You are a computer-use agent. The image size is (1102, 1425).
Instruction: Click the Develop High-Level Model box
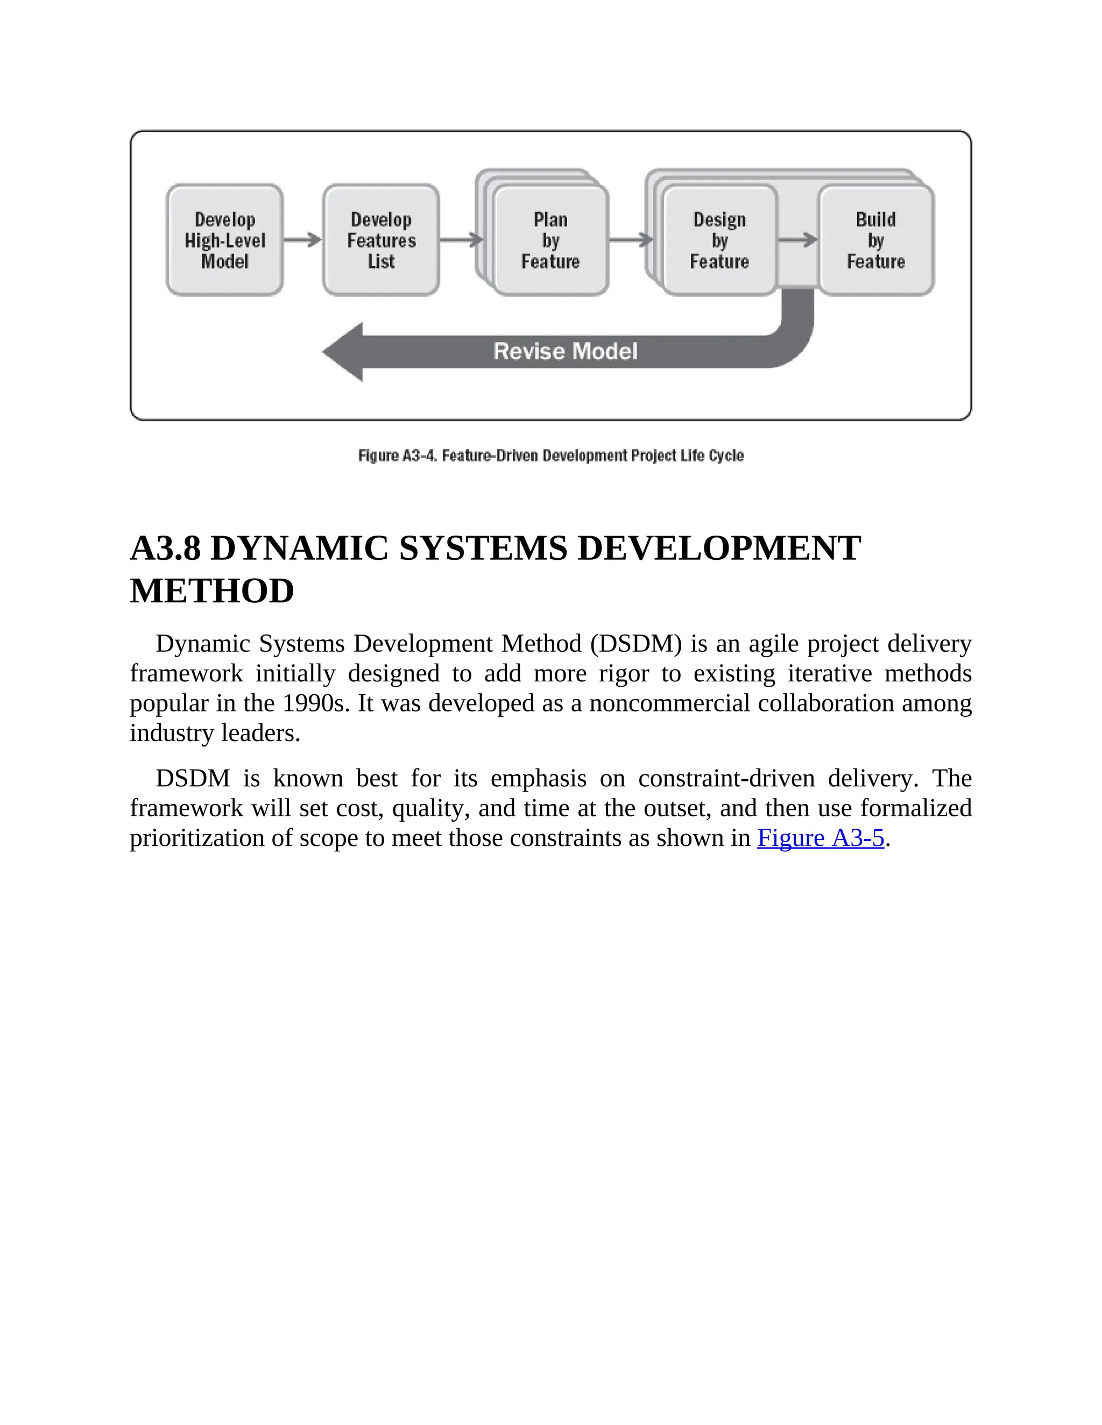pyautogui.click(x=224, y=240)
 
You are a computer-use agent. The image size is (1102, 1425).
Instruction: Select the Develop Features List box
pyautogui.click(x=382, y=240)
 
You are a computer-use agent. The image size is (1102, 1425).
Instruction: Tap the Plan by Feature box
pyautogui.click(x=550, y=240)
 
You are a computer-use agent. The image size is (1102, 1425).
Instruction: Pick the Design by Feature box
pyautogui.click(x=719, y=240)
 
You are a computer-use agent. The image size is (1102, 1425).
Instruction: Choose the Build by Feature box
pyautogui.click(x=875, y=240)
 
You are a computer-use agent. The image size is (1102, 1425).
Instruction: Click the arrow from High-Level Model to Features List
pyautogui.click(x=303, y=240)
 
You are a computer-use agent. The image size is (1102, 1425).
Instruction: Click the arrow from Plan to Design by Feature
pyautogui.click(x=631, y=240)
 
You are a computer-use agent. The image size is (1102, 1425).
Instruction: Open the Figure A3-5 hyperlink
pyautogui.click(x=820, y=838)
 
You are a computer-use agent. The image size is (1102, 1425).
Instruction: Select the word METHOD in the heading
pyautogui.click(x=212, y=591)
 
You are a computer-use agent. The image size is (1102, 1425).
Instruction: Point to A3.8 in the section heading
pyautogui.click(x=165, y=548)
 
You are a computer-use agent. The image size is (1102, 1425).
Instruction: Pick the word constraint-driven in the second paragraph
pyautogui.click(x=726, y=779)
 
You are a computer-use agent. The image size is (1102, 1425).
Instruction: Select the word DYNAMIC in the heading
pyautogui.click(x=300, y=548)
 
